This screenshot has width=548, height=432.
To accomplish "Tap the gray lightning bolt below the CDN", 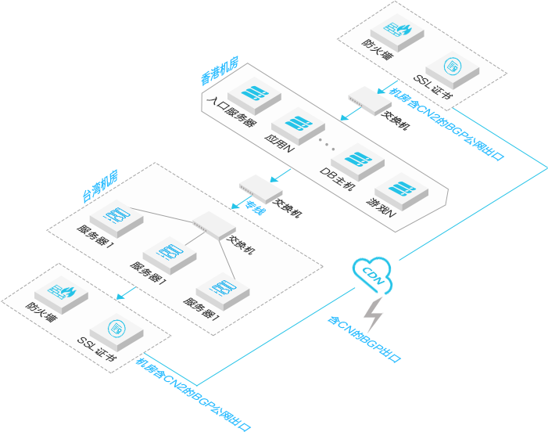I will coord(374,315).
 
